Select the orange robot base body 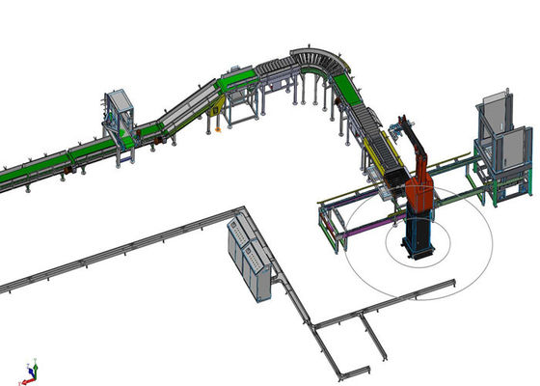coord(420,194)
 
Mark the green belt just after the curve coord(349,91)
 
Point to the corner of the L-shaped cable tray coord(241,209)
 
